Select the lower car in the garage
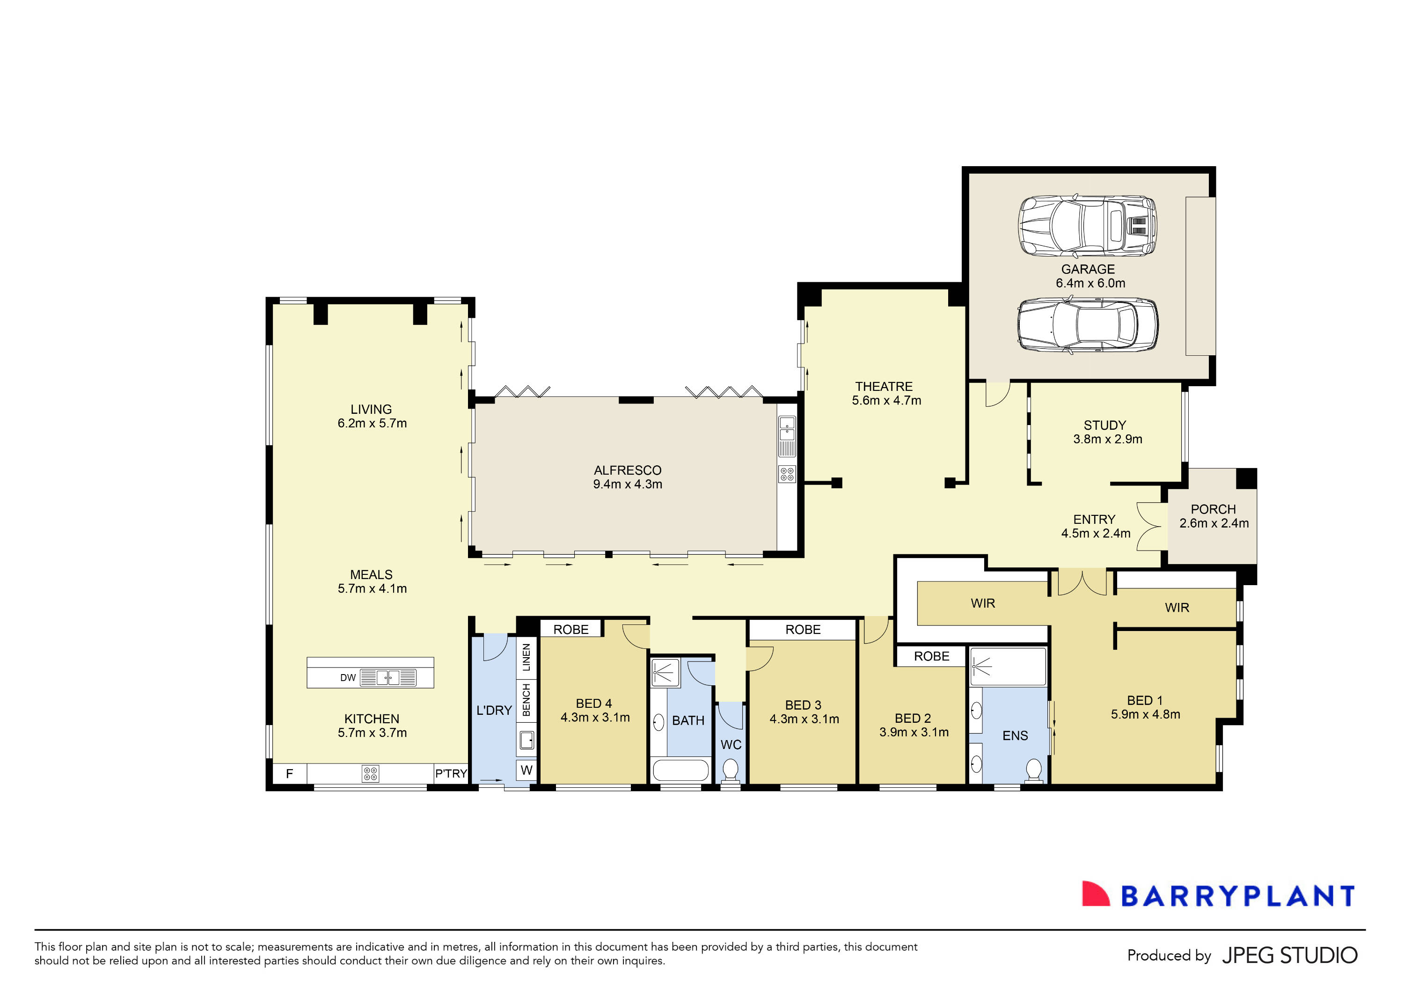pyautogui.click(x=1087, y=325)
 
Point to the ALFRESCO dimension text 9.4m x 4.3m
pyautogui.click(x=628, y=484)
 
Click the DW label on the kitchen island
pyautogui.click(x=348, y=677)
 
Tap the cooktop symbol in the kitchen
pyautogui.click(x=370, y=774)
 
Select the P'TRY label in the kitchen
pyautogui.click(x=451, y=774)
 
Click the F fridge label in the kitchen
pyautogui.click(x=289, y=774)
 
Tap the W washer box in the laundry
pyautogui.click(x=526, y=770)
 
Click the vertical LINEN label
pyautogui.click(x=526, y=658)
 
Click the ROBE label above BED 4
pyautogui.click(x=570, y=630)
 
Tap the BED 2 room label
pyautogui.click(x=912, y=718)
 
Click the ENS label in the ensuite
pyautogui.click(x=1015, y=736)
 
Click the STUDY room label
pyautogui.click(x=1104, y=425)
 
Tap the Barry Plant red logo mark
pyautogui.click(x=1095, y=895)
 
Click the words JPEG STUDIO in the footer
pyautogui.click(x=1289, y=955)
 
